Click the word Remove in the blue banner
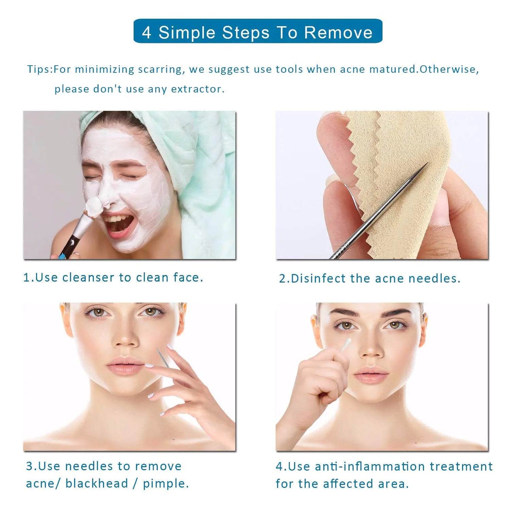338,32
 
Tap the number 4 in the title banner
146,32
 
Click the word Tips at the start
39,69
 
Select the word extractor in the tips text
198,89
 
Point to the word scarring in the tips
161,69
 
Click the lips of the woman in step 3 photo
125,365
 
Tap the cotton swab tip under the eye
347,343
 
